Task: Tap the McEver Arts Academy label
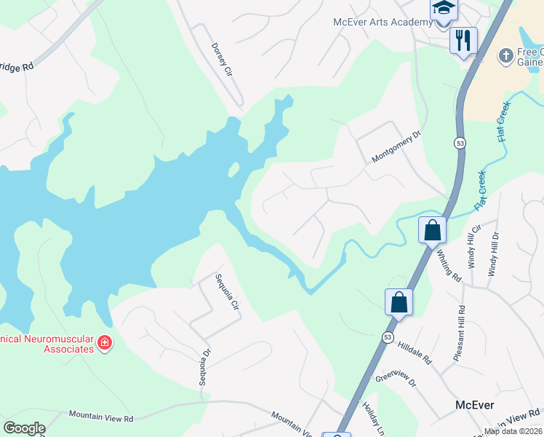(x=383, y=23)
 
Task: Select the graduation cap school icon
(x=443, y=9)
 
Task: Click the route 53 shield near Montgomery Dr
(x=460, y=143)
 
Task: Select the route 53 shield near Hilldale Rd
(x=388, y=336)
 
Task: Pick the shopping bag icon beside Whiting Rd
(x=432, y=230)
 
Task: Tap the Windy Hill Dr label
(x=494, y=254)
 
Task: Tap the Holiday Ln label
(x=372, y=419)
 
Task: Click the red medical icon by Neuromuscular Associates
(x=105, y=342)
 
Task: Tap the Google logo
(x=24, y=428)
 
